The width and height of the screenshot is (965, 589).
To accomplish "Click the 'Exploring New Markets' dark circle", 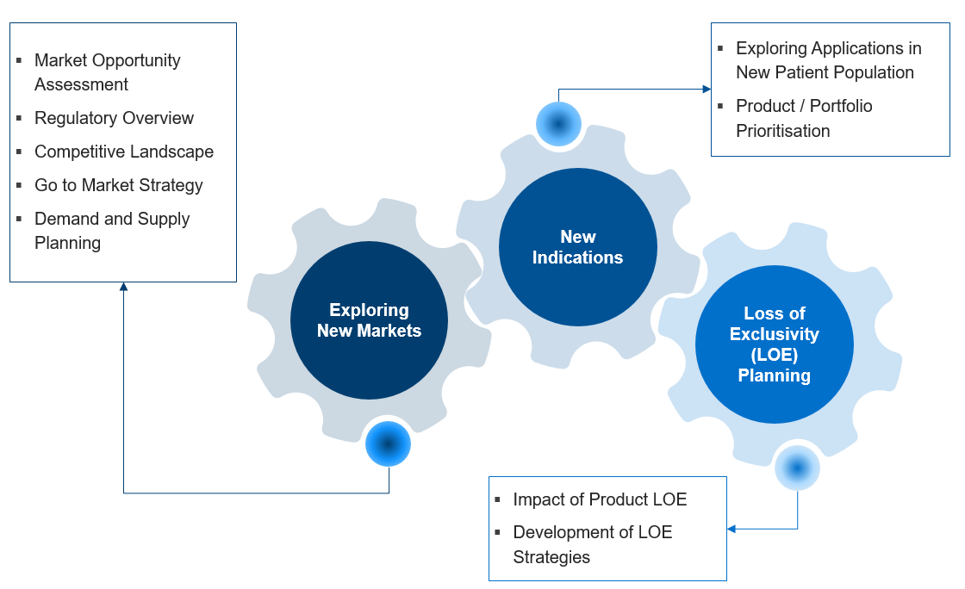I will (369, 320).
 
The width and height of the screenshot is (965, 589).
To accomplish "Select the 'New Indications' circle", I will (577, 247).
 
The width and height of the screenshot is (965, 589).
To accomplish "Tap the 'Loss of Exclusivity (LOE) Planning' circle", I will (774, 344).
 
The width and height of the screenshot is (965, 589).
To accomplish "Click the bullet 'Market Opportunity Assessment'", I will (107, 72).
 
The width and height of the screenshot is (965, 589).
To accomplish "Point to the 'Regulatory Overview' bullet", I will (114, 118).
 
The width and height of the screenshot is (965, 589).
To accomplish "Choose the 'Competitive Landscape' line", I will (123, 152).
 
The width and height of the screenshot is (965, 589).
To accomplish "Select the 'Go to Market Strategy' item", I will (118, 185).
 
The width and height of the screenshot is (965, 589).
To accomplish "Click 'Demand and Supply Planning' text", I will (111, 231).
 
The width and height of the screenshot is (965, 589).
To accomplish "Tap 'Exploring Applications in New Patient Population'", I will (828, 60).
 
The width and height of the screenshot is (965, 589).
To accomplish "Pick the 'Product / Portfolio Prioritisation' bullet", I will (803, 118).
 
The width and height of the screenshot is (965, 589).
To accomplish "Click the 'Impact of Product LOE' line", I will (600, 499).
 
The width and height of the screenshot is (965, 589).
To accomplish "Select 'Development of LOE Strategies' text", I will (592, 544).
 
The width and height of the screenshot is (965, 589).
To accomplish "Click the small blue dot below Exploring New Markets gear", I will (388, 444).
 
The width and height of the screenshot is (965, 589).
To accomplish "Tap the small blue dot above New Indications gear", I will (558, 124).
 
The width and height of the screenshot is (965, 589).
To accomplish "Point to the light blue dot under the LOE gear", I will (797, 468).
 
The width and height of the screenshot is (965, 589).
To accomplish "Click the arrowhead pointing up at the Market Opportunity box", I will (123, 288).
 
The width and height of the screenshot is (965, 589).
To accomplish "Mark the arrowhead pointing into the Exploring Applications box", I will (707, 89).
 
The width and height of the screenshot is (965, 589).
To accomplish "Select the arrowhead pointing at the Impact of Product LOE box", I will (732, 529).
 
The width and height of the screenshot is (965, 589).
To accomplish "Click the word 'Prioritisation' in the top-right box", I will (782, 131).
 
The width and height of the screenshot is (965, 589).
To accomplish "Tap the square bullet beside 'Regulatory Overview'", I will (19, 118).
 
